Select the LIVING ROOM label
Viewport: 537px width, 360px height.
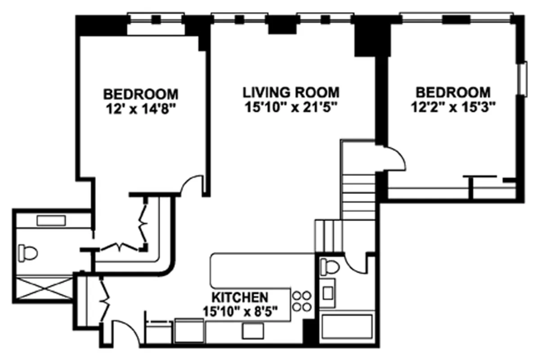pos(291,93)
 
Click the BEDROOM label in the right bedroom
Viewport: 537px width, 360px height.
pos(453,93)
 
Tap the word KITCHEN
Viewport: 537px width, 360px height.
pos(240,297)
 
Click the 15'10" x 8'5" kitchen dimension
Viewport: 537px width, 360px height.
pos(240,311)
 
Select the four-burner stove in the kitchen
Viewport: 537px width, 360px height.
pos(302,301)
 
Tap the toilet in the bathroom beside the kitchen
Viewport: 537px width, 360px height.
pos(330,266)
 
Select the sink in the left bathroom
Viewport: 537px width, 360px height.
pos(51,220)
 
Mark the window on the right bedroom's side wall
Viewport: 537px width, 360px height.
pos(522,79)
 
